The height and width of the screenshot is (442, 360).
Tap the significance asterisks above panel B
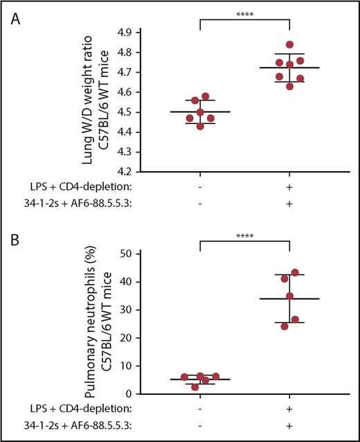244,236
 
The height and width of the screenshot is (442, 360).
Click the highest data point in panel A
289,45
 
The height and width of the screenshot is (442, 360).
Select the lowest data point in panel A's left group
200,126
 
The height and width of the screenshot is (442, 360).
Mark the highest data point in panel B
295,272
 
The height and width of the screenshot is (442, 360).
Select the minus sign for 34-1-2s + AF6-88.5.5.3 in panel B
200,425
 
